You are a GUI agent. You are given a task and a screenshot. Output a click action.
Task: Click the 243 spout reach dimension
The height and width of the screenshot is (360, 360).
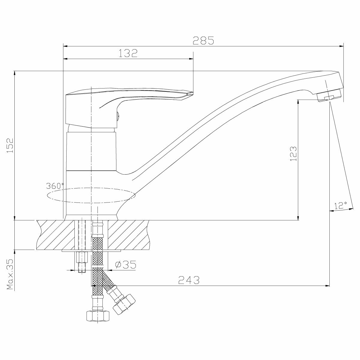[189, 280]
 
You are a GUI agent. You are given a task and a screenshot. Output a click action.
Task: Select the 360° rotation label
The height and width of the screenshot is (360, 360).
[55, 186]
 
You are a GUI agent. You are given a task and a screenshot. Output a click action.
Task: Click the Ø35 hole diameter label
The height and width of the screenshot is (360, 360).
[125, 264]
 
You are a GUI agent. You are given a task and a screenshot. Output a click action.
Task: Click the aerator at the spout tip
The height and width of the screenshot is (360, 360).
[329, 95]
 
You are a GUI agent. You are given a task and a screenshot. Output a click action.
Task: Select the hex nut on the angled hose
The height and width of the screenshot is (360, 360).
[124, 304]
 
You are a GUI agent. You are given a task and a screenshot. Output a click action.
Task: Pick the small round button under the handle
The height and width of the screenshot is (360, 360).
[118, 114]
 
